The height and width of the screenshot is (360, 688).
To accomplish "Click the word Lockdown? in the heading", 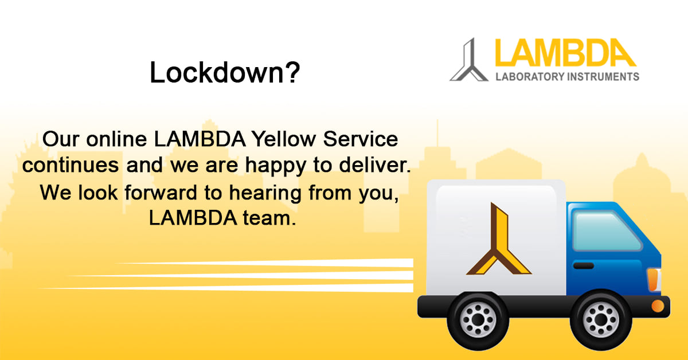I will (x=225, y=73).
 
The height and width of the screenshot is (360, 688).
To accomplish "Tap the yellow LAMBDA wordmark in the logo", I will (x=565, y=53).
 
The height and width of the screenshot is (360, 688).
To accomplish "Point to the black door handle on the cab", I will (x=583, y=265).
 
